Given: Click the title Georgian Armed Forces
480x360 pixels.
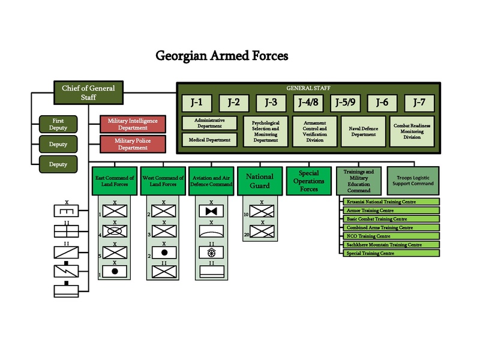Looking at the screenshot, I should click(222, 56).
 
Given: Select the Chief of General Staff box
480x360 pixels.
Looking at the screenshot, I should click(88, 92).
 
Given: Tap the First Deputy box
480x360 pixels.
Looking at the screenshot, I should click(58, 124).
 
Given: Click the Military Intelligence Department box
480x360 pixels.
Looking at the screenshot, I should click(133, 124).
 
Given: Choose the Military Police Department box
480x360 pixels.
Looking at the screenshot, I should click(133, 144).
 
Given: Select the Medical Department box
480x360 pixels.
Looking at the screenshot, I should click(210, 140).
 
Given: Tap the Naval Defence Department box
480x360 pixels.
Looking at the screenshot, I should click(363, 131).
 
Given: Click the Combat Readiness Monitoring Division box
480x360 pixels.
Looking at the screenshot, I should click(412, 131).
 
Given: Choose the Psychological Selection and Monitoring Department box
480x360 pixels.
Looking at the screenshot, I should click(266, 131).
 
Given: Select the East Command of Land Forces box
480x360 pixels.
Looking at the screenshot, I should click(114, 181).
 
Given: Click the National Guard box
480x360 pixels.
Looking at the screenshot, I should click(260, 181).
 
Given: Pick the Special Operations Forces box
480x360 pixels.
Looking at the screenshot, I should click(308, 181).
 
